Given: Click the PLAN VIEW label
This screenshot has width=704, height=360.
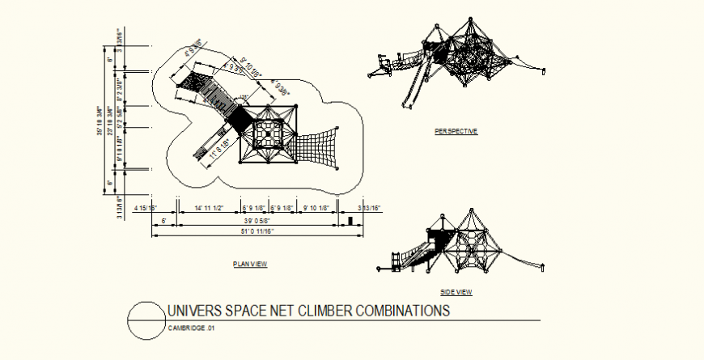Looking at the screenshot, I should tap(249, 264).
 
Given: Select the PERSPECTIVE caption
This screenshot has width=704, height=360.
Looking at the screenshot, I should tap(456, 130).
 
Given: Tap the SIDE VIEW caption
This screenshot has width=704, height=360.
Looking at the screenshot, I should tap(456, 292).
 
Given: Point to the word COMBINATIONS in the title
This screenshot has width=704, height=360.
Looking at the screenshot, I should tap(402, 311).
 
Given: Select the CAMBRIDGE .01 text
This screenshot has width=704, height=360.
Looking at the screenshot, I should tap(191, 328).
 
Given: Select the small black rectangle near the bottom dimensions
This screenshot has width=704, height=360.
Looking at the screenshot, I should tap(350, 221).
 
